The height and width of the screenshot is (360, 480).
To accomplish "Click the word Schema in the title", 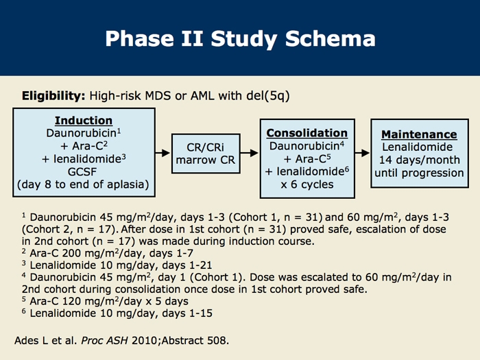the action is point(330,38).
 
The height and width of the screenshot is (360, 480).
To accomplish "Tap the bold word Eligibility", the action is point(53,96).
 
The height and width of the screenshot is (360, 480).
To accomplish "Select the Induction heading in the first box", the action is point(84,120).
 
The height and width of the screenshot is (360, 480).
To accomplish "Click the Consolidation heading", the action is point(307,133).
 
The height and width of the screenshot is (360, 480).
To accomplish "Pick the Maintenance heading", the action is point(419,134).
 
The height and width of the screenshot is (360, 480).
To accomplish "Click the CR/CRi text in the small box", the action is point(206,147).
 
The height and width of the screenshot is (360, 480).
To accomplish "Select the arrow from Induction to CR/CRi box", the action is point(163,152).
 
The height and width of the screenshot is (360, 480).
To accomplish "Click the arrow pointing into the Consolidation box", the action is point(249,152).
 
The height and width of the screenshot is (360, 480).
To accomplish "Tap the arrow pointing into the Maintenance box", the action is point(363,152).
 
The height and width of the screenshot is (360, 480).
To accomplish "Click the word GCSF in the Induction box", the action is point(82,171).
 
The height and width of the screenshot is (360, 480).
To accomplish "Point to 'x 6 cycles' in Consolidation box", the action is point(307,184).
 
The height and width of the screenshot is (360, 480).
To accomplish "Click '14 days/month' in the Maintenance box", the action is point(420,160).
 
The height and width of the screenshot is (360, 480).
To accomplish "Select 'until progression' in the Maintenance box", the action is point(419,173).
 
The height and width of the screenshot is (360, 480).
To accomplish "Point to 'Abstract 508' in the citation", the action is point(194,340).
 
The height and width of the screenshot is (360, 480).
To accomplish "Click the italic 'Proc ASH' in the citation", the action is point(104,340).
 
